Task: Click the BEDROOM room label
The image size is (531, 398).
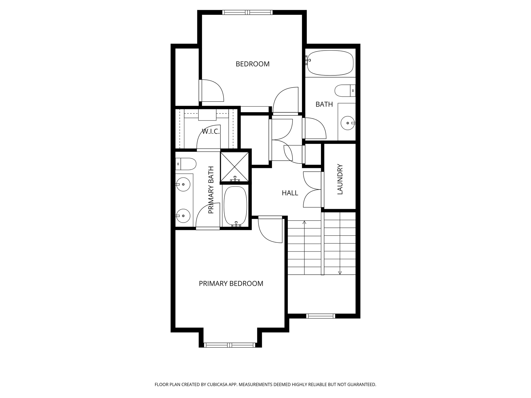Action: tap(252, 64)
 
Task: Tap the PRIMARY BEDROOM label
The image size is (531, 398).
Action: tap(231, 283)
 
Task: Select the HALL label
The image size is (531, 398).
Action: tap(290, 193)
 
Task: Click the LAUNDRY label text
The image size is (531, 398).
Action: tap(340, 179)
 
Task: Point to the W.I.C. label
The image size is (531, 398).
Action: tap(211, 132)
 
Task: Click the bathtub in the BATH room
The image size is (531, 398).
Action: tap(330, 63)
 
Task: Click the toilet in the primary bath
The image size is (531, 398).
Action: tap(186, 164)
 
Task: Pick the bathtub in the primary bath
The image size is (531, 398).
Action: tap(235, 206)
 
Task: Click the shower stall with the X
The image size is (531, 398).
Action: tap(234, 167)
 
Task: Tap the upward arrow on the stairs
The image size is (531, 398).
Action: tap(304, 222)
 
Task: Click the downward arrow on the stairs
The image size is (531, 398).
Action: tap(340, 273)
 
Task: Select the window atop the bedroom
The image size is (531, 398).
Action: tap(247, 12)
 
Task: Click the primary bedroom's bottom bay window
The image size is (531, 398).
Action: tap(230, 345)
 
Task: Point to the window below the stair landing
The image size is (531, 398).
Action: tap(320, 316)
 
